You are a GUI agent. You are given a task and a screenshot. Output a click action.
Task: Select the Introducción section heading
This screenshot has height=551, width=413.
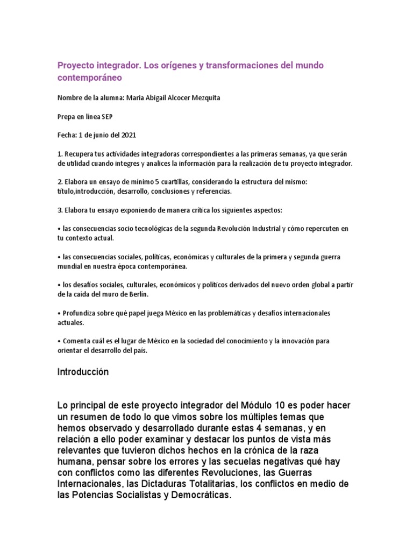click(x=83, y=372)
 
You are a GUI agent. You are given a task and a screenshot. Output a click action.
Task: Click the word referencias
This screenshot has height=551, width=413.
click(x=214, y=191)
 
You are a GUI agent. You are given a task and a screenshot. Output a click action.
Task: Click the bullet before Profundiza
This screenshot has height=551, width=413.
click(x=59, y=313)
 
